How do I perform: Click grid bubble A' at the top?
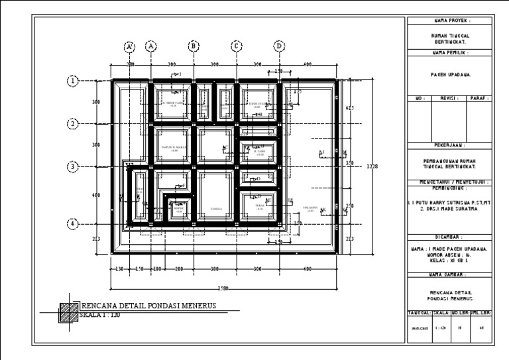coord(130,46)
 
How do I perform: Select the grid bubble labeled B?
coord(194,46)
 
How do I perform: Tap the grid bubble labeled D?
coord(279,46)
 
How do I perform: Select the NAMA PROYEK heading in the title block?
coord(451,21)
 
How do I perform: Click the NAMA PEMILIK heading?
coord(451,52)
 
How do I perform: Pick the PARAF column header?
coord(480,98)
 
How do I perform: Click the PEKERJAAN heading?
coord(451,145)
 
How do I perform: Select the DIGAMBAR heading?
coord(451,235)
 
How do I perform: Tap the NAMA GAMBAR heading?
coord(451,274)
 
